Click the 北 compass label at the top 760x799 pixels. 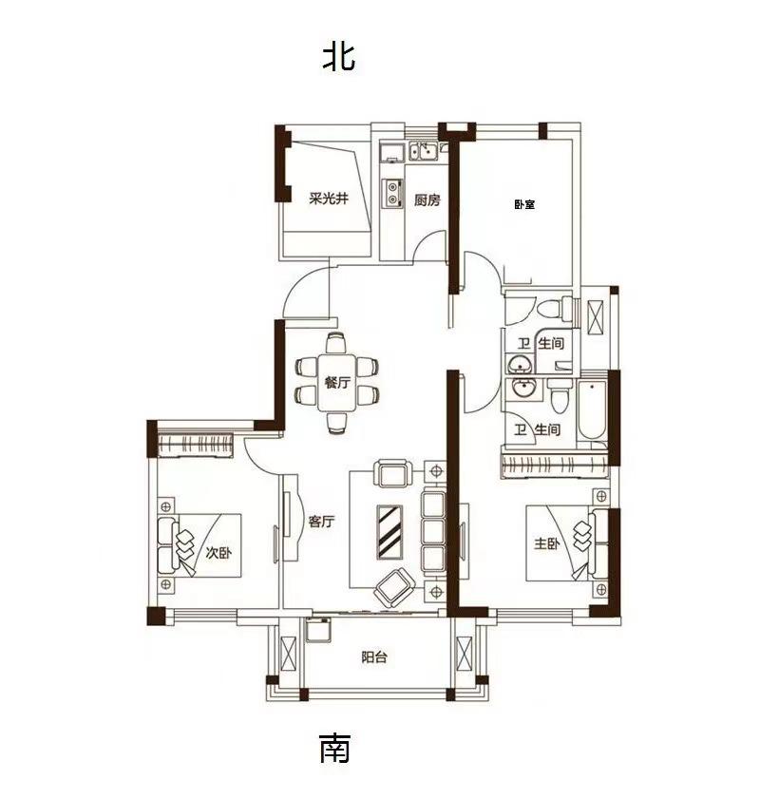pyautogui.click(x=338, y=56)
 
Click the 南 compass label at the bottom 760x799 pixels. pyautogui.click(x=334, y=748)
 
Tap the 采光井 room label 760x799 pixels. pyautogui.click(x=329, y=199)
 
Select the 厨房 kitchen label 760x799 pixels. pyautogui.click(x=427, y=200)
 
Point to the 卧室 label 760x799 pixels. pyautogui.click(x=524, y=205)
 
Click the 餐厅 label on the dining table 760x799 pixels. pyautogui.click(x=337, y=382)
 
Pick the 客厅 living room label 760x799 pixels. pyautogui.click(x=321, y=522)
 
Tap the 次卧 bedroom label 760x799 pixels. pyautogui.click(x=218, y=552)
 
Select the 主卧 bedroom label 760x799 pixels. pyautogui.click(x=546, y=543)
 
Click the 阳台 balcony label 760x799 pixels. pyautogui.click(x=374, y=656)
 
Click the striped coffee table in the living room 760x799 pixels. pyautogui.click(x=389, y=531)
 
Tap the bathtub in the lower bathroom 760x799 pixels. pyautogui.click(x=593, y=409)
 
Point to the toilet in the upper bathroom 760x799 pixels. pyautogui.click(x=556, y=309)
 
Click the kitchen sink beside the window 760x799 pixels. pyautogui.click(x=424, y=151)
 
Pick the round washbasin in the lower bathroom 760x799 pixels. pyautogui.click(x=522, y=389)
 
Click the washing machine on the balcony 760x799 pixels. pyautogui.click(x=318, y=630)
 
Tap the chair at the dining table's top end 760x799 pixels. pyautogui.click(x=336, y=342)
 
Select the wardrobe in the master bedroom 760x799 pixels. pyautogui.click(x=554, y=465)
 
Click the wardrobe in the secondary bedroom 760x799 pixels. pyautogui.click(x=196, y=446)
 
